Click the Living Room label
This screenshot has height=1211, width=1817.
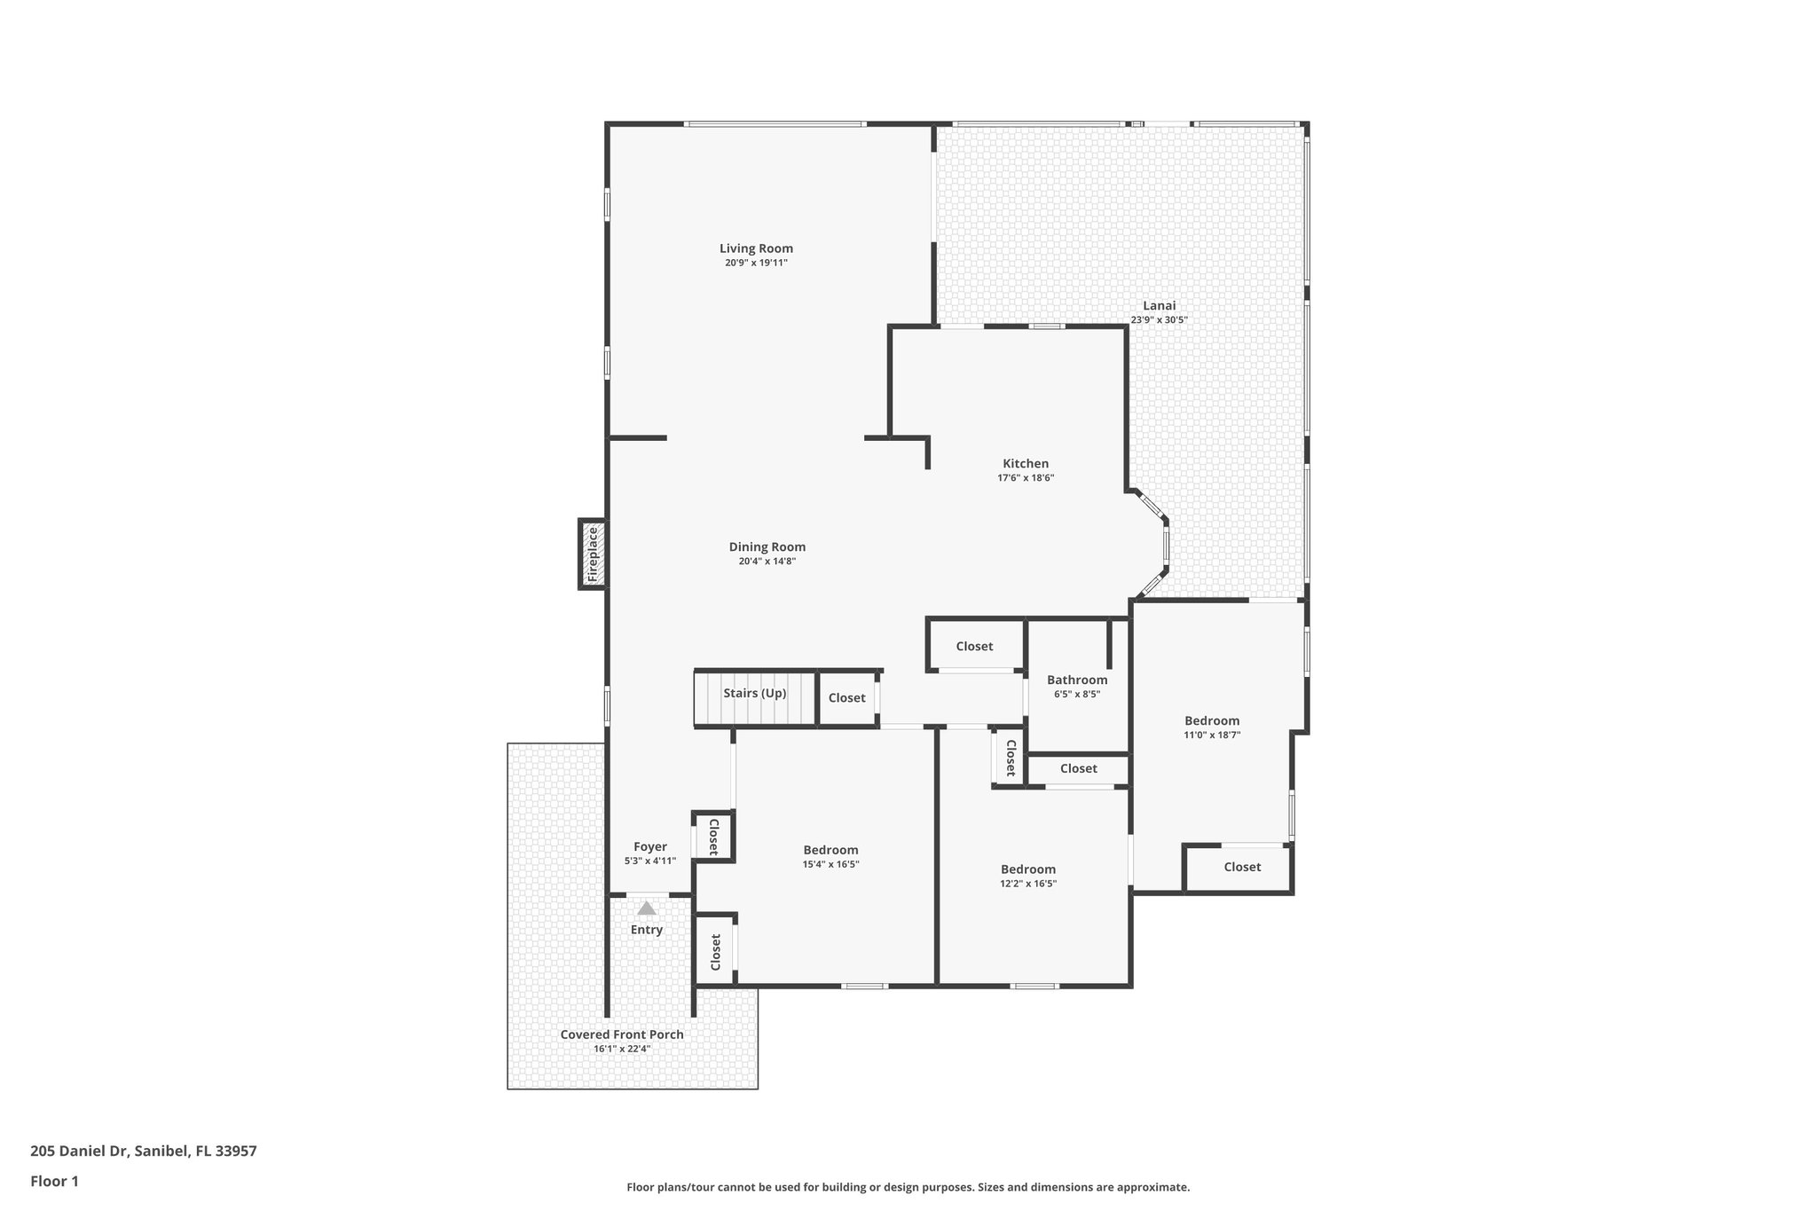click(756, 248)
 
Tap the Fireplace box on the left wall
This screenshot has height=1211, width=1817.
click(593, 554)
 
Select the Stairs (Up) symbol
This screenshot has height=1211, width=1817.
click(754, 696)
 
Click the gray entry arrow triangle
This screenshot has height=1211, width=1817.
click(646, 908)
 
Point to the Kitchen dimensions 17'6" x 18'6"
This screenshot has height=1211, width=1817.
click(1025, 478)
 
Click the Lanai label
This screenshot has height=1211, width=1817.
click(1159, 306)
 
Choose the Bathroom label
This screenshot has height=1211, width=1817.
click(1076, 680)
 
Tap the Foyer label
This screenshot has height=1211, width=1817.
click(649, 847)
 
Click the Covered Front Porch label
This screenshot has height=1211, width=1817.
click(621, 1034)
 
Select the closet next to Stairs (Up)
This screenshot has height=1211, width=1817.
click(846, 698)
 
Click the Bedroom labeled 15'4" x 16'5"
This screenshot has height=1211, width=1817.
click(830, 850)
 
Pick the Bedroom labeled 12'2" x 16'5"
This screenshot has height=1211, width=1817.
click(1027, 869)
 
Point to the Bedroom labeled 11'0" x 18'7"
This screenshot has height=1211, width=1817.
click(1211, 721)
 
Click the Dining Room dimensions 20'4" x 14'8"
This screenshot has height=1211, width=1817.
click(767, 562)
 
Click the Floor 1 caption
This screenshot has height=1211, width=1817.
click(54, 1181)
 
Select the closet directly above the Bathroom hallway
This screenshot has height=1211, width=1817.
click(973, 647)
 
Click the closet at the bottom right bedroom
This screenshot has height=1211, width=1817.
click(1241, 867)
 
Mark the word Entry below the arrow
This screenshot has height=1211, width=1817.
click(646, 930)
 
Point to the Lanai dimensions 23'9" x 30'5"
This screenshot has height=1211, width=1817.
click(1159, 320)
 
